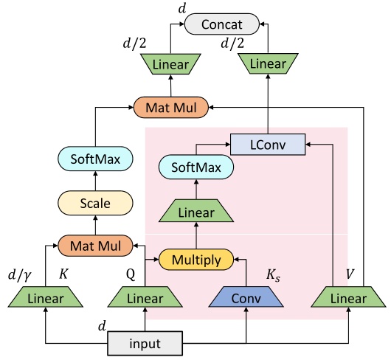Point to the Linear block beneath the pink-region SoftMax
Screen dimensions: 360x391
pyautogui.click(x=196, y=212)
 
